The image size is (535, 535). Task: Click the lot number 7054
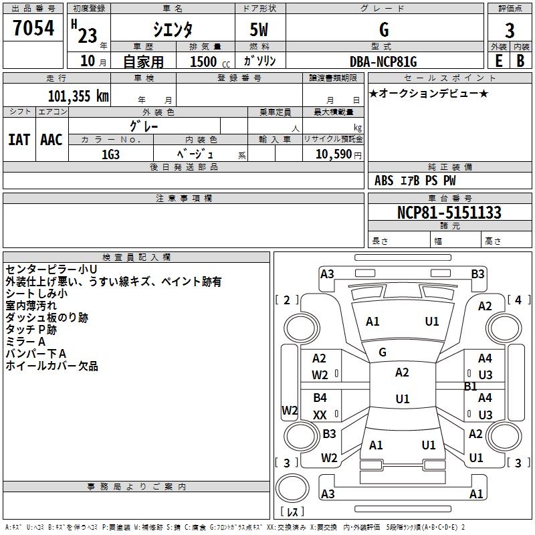(33, 29)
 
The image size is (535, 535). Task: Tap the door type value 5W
(261, 29)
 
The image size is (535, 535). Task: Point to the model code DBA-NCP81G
(383, 62)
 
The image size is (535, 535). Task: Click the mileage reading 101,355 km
(78, 96)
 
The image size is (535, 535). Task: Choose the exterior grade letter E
(498, 62)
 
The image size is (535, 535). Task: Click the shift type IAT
(19, 140)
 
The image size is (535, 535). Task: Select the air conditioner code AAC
(51, 140)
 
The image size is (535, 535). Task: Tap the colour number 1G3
(110, 154)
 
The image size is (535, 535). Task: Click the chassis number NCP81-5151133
(449, 213)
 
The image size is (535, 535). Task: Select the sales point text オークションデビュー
(429, 93)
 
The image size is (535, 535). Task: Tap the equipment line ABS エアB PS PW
(415, 181)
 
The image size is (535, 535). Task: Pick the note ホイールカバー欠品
(51, 366)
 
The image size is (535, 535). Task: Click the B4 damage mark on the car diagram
(320, 398)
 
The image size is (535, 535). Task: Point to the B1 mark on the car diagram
(470, 386)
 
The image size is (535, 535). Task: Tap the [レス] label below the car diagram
(292, 512)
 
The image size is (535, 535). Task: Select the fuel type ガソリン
(260, 62)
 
